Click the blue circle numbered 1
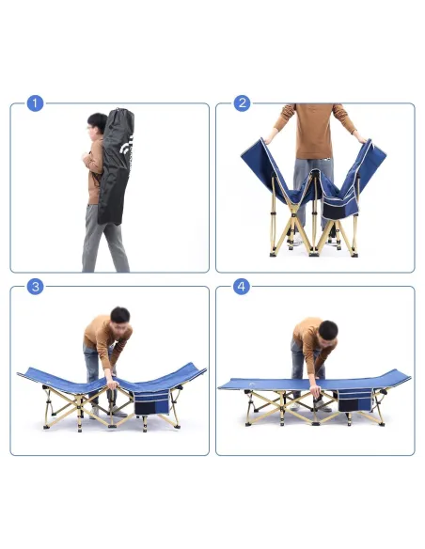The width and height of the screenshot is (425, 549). [36, 103]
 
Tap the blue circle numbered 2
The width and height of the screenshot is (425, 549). [242, 103]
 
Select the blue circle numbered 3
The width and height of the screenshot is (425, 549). [36, 287]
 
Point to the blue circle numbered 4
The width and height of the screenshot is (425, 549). [242, 287]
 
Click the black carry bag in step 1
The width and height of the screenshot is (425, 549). [117, 166]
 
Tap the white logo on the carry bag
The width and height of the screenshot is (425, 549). [126, 146]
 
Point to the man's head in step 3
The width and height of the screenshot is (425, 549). [119, 317]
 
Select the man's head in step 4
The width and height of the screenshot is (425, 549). [327, 331]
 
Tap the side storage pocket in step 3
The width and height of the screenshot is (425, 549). [152, 400]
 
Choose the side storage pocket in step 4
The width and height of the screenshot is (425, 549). [354, 399]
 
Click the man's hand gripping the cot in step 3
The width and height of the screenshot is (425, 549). [113, 384]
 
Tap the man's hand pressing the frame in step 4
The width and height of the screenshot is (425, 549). [315, 389]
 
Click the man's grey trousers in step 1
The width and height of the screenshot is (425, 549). [104, 238]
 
